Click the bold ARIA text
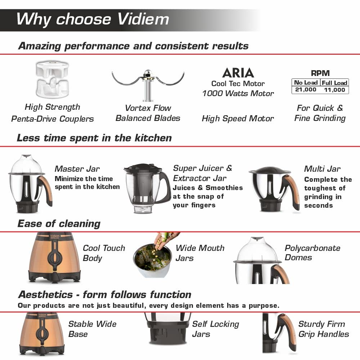(x=238, y=73)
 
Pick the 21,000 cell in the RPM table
(x=306, y=90)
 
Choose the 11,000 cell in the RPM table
(x=334, y=90)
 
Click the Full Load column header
(x=334, y=82)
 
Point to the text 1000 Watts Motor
(x=238, y=94)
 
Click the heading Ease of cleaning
(x=59, y=224)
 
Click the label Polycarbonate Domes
(x=312, y=253)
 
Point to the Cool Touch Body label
(x=104, y=253)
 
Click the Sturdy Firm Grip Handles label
(x=323, y=329)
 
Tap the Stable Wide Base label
(x=92, y=329)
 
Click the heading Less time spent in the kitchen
(x=94, y=138)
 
